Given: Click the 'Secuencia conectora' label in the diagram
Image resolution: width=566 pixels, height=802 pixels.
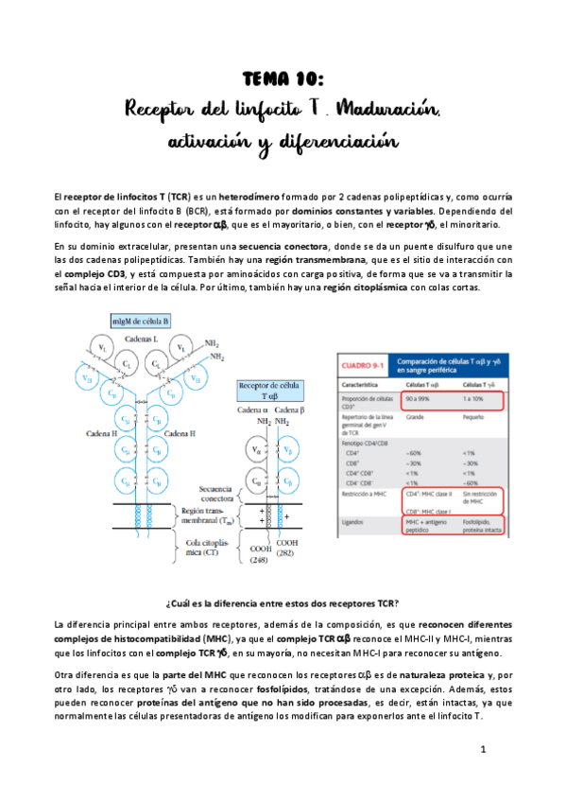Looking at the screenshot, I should point(222,495).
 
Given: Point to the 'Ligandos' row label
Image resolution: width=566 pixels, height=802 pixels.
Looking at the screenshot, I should point(357,523).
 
